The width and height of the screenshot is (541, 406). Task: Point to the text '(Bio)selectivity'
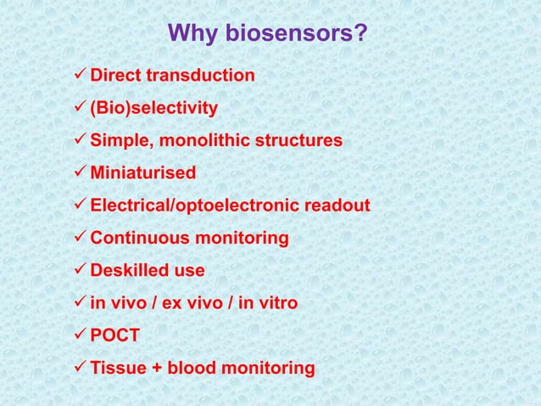point(153,109)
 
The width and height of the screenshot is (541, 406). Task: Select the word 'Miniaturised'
point(142,173)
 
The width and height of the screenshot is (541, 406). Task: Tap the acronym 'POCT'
point(115,336)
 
